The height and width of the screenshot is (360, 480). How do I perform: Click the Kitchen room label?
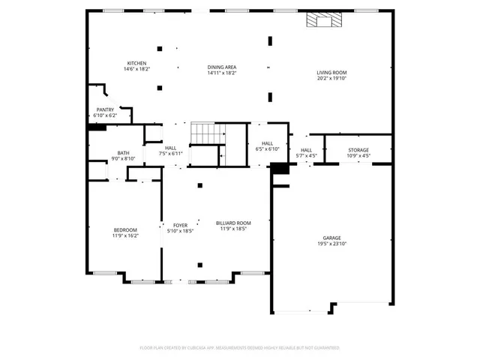coord(136,63)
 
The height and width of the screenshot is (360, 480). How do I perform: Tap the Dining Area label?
coord(222,67)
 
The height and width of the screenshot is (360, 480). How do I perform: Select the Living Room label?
coord(331,73)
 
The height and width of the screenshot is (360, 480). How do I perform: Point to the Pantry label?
coord(105,109)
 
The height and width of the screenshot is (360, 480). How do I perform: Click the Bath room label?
coord(123,153)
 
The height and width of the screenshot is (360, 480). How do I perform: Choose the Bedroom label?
coord(125,229)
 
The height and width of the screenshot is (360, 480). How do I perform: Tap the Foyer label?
coord(181,224)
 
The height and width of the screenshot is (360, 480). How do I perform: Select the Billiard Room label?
coord(233,223)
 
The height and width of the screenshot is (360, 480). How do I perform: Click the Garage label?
coord(331,238)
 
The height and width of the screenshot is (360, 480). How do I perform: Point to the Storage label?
coord(358,150)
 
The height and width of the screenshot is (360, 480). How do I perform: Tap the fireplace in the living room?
coord(322,20)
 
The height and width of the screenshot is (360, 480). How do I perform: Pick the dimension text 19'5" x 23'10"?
coord(331,244)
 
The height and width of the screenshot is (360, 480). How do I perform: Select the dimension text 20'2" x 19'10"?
coord(331,78)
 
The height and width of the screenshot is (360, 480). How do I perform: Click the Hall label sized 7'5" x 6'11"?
coord(171,148)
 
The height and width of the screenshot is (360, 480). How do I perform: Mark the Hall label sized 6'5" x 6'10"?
coord(267,143)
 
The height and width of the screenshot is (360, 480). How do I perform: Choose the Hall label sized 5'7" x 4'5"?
coord(307,150)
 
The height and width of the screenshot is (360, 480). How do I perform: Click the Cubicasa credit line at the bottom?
coord(240,348)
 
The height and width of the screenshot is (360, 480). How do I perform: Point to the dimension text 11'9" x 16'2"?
coord(125,235)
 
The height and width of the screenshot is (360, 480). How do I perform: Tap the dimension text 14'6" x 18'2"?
coord(136,69)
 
